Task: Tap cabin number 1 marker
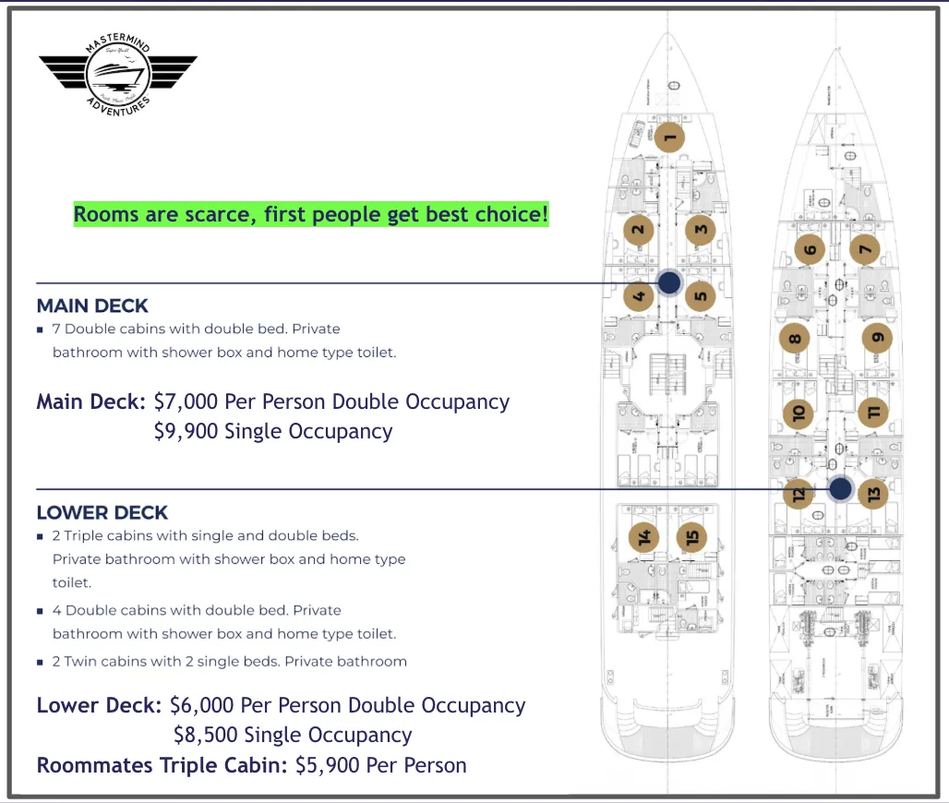pos(671,139)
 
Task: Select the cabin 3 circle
pos(701,230)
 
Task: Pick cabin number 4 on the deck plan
pos(639,296)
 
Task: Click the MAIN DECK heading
pos(92,306)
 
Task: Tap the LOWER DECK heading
pos(102,513)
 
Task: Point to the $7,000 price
pos(188,402)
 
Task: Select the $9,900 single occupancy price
pos(187,432)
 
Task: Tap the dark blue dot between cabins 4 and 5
pos(669,282)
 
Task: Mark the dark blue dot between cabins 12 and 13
pos(840,489)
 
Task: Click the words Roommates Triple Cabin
pos(162,765)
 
